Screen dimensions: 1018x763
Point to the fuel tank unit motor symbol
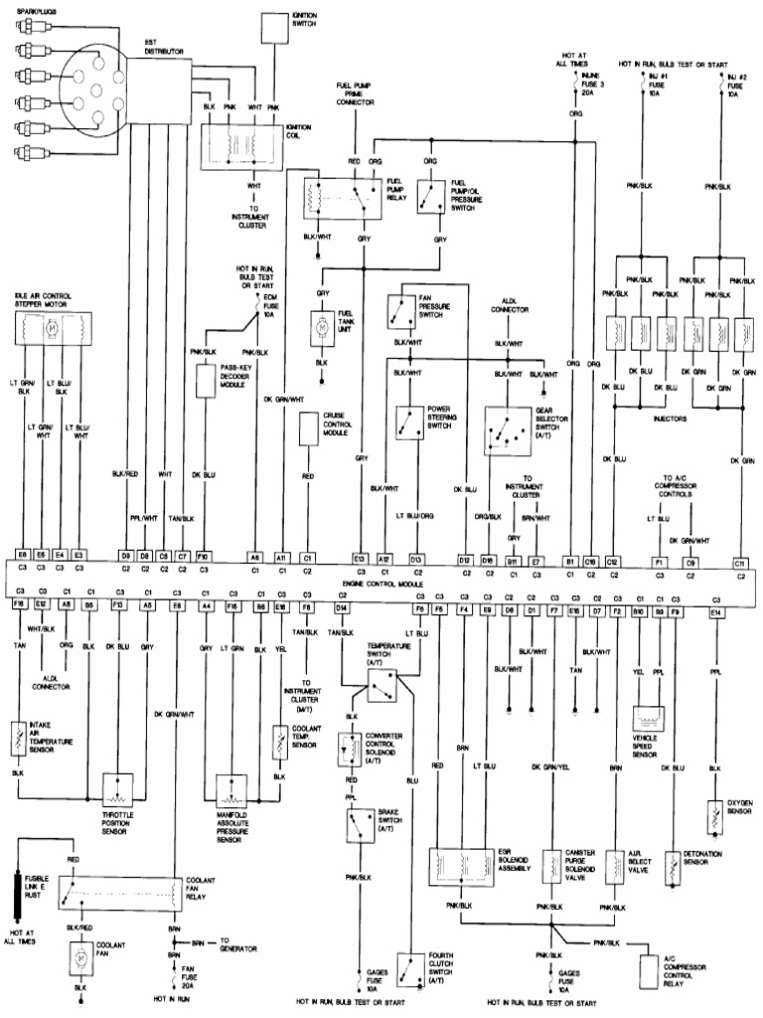(x=323, y=326)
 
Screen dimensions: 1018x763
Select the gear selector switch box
(x=508, y=429)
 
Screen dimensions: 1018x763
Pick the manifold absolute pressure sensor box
(x=231, y=788)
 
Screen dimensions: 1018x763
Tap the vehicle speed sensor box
(x=650, y=720)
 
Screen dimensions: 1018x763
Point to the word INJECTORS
(x=671, y=419)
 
